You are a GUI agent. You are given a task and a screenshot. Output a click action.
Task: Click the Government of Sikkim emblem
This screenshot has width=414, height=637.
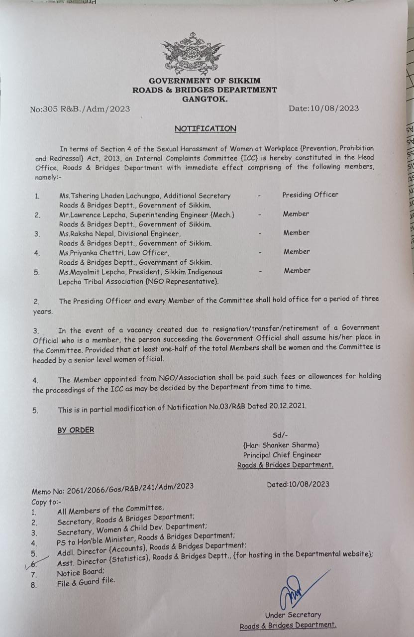pos(192,53)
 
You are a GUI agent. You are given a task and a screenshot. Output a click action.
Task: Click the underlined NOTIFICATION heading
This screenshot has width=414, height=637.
pos(205,128)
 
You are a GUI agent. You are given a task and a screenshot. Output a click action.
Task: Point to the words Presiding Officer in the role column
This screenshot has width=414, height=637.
pos(310,195)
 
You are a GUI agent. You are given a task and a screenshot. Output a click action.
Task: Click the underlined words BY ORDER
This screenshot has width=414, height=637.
pos(76,429)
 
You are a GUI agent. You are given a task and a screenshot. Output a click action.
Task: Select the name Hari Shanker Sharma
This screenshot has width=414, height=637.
pos(281,445)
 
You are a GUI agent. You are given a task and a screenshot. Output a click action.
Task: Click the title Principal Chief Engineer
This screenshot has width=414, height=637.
pos(282,455)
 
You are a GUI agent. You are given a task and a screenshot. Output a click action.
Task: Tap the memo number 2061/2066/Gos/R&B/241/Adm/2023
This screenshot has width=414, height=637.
pos(124,486)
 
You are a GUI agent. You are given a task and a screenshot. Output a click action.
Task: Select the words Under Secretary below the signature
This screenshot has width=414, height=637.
pos(293,615)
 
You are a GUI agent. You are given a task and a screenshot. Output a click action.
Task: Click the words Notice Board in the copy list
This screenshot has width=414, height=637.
pos(74,573)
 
